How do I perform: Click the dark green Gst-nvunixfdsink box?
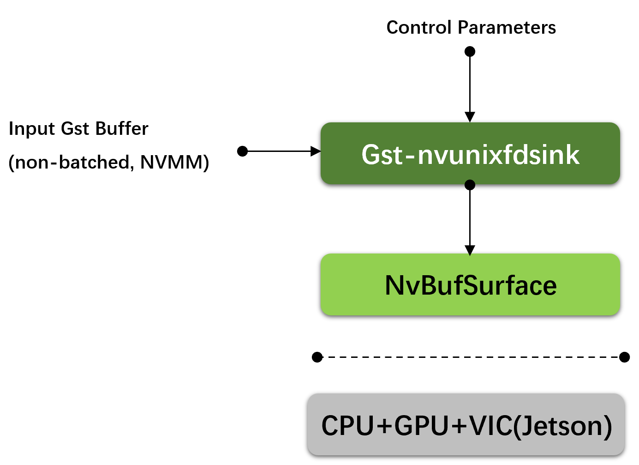point(470,153)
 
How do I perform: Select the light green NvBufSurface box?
point(470,284)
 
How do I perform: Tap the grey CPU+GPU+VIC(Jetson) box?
point(466,425)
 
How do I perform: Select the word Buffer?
point(121,128)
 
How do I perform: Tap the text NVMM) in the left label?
point(174,163)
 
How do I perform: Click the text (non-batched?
point(72,163)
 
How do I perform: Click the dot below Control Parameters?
point(470,51)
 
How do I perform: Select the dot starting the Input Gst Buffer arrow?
point(242,151)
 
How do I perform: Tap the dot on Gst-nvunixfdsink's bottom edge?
point(470,185)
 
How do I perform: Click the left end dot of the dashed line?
point(317,357)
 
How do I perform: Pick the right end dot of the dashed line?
point(624,357)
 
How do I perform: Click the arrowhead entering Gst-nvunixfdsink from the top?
point(470,117)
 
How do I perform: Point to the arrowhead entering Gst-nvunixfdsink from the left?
point(316,151)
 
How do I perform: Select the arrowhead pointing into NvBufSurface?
point(470,250)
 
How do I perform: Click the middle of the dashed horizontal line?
point(471,357)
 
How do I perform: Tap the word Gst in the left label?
point(75,128)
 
